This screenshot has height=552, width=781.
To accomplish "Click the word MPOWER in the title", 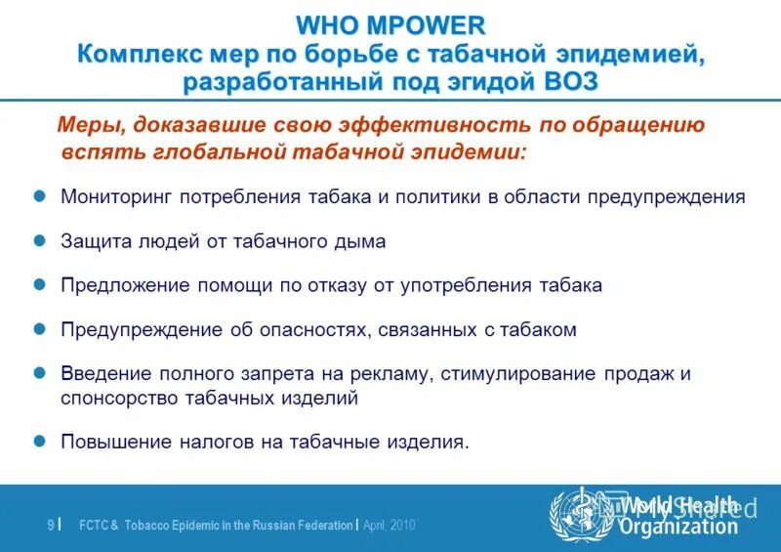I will (x=431, y=25).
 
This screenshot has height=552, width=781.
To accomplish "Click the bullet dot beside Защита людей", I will (x=41, y=240).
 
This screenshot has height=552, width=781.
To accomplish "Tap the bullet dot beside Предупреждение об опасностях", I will (x=41, y=329).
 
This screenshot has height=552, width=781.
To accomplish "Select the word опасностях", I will (x=311, y=330).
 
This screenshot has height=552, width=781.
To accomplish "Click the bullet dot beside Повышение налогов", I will (x=41, y=441).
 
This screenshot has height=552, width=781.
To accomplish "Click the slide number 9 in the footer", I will (x=50, y=526).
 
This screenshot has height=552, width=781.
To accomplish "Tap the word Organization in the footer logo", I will (x=680, y=527).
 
